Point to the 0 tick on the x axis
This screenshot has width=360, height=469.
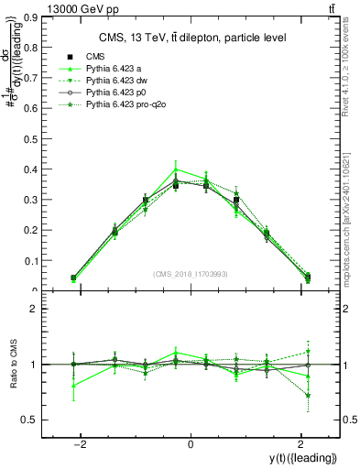191,444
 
